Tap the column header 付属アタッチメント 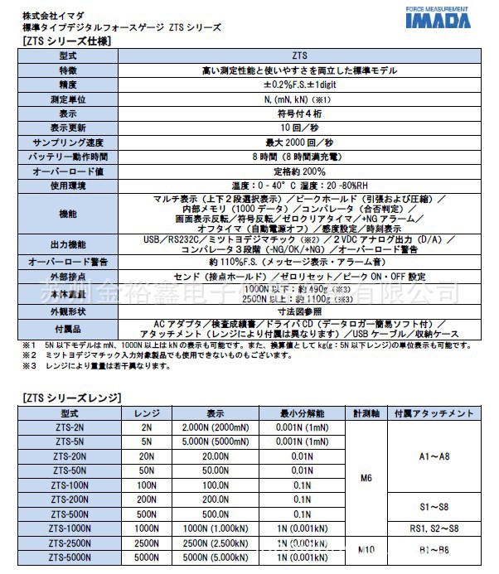pyautogui.click(x=434, y=412)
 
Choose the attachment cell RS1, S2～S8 pyautogui.click(x=434, y=528)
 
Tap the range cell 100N pyautogui.click(x=147, y=485)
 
